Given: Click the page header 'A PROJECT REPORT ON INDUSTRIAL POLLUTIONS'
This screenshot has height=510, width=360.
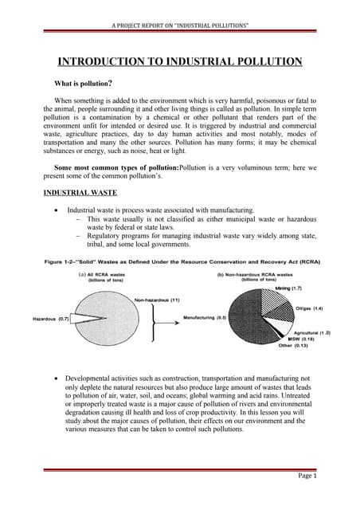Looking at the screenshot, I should pos(179,26).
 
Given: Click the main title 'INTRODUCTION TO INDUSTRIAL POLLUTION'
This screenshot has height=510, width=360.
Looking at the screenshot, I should pos(180,61).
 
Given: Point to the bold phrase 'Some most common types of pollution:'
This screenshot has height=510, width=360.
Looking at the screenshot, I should pos(116,168).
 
